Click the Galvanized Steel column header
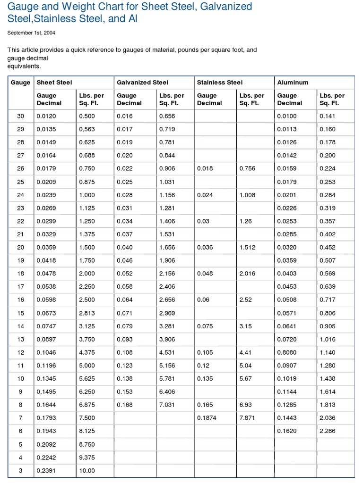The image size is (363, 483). [142, 83]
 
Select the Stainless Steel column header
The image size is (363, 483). [219, 83]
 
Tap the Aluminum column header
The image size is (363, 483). [293, 83]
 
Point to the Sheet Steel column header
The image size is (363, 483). [54, 83]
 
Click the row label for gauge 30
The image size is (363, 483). [20, 116]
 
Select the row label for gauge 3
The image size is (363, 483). [20, 470]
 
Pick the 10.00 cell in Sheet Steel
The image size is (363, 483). [87, 470]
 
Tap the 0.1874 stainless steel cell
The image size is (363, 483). [207, 417]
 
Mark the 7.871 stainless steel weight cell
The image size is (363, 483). [247, 417]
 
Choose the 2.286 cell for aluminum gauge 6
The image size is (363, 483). [328, 431]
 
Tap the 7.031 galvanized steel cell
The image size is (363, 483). [167, 404]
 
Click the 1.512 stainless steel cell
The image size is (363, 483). [247, 248]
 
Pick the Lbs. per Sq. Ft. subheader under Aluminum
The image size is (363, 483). [332, 99]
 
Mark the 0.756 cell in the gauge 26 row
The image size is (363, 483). [247, 168]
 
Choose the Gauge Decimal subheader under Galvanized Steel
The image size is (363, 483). [129, 99]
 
